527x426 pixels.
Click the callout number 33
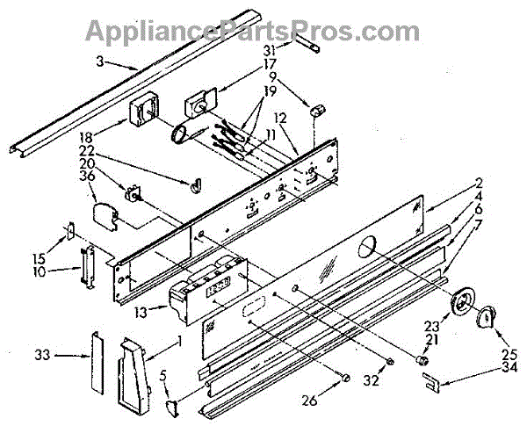[x=42, y=355]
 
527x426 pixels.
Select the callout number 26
[x=310, y=401]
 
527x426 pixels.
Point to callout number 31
[x=269, y=50]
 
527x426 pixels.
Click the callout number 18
[x=86, y=138]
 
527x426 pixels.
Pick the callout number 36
[x=87, y=176]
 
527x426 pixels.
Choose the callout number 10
[x=40, y=271]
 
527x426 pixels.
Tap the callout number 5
[x=162, y=378]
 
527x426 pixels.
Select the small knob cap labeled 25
[x=486, y=316]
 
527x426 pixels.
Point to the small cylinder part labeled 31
[x=307, y=43]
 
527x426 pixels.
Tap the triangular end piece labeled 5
[x=173, y=408]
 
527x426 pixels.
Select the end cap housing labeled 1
[x=134, y=376]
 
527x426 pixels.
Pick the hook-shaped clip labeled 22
[x=196, y=186]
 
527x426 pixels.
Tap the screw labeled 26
[x=344, y=378]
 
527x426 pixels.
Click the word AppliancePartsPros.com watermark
[x=253, y=31]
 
